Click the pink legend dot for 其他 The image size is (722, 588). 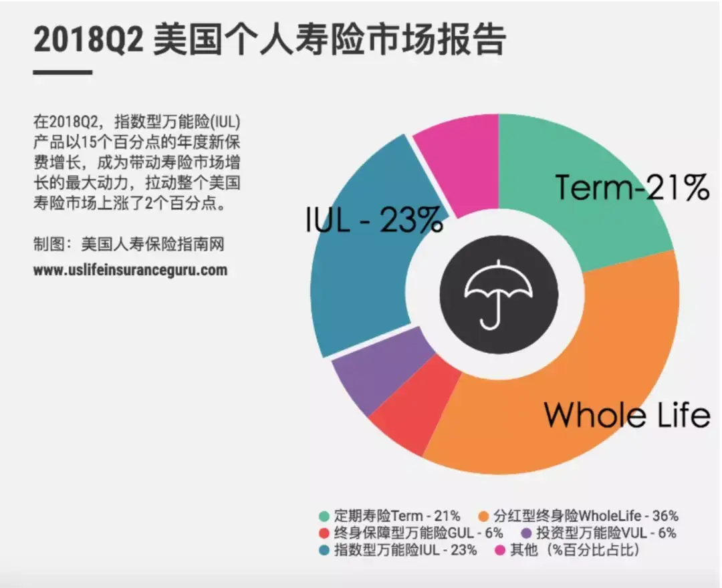point(499,551)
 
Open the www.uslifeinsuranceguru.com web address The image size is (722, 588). point(130,271)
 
